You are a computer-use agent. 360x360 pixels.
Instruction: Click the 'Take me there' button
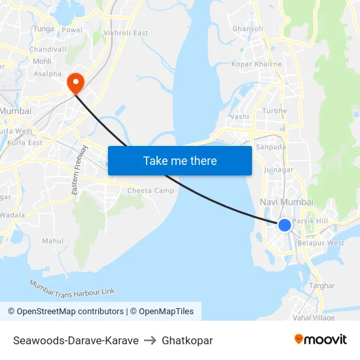coord(180,160)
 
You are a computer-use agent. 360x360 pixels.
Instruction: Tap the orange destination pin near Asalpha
coord(75,83)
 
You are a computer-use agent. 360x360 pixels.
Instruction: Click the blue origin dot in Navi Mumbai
coord(285,225)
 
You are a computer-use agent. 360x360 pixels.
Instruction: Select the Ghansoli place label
coord(248,29)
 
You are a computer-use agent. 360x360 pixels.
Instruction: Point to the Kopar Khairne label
coord(257,64)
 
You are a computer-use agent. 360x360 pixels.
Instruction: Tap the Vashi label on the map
coord(240,117)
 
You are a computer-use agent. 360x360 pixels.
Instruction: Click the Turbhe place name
coord(275,111)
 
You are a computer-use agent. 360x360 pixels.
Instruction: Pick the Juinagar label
coord(278,170)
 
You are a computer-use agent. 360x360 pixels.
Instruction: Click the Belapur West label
coord(321,243)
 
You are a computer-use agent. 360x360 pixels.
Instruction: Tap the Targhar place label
coord(321,285)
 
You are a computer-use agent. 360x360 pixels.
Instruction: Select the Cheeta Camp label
coord(151,190)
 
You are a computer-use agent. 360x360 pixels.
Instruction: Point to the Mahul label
coord(53,241)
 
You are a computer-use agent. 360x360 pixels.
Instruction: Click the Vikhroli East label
coord(126,33)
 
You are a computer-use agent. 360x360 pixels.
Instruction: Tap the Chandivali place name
coord(48,49)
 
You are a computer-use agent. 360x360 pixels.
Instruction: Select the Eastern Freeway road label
coord(79,170)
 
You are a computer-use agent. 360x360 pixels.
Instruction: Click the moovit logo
coord(321,339)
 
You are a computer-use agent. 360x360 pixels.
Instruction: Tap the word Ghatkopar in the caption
coord(187,340)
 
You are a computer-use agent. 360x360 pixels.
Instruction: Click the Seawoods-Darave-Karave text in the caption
coord(76,340)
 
